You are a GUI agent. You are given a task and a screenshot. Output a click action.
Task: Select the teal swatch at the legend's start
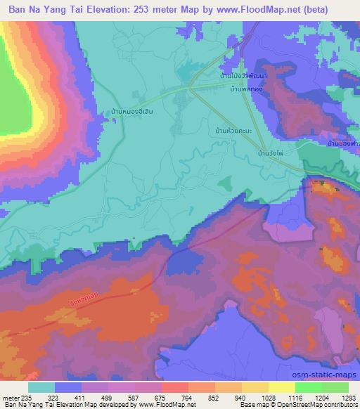pyautogui.click(x=41, y=387)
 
